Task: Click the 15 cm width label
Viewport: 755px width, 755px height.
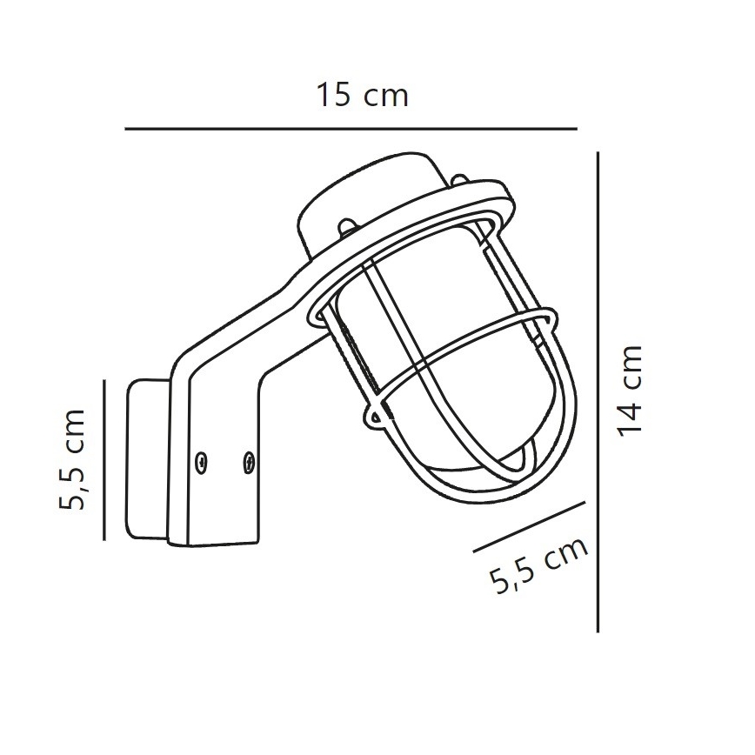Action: pyautogui.click(x=362, y=96)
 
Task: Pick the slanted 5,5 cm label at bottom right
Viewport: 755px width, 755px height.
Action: pyautogui.click(x=540, y=565)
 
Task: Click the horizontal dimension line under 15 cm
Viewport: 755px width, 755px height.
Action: pyautogui.click(x=351, y=129)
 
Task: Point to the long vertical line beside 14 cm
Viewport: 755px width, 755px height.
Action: pyautogui.click(x=598, y=391)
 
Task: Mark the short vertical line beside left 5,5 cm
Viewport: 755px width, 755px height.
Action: pyautogui.click(x=104, y=459)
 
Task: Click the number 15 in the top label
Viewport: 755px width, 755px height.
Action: pyautogui.click(x=331, y=96)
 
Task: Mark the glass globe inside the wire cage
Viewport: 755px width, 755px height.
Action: pyautogui.click(x=418, y=339)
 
